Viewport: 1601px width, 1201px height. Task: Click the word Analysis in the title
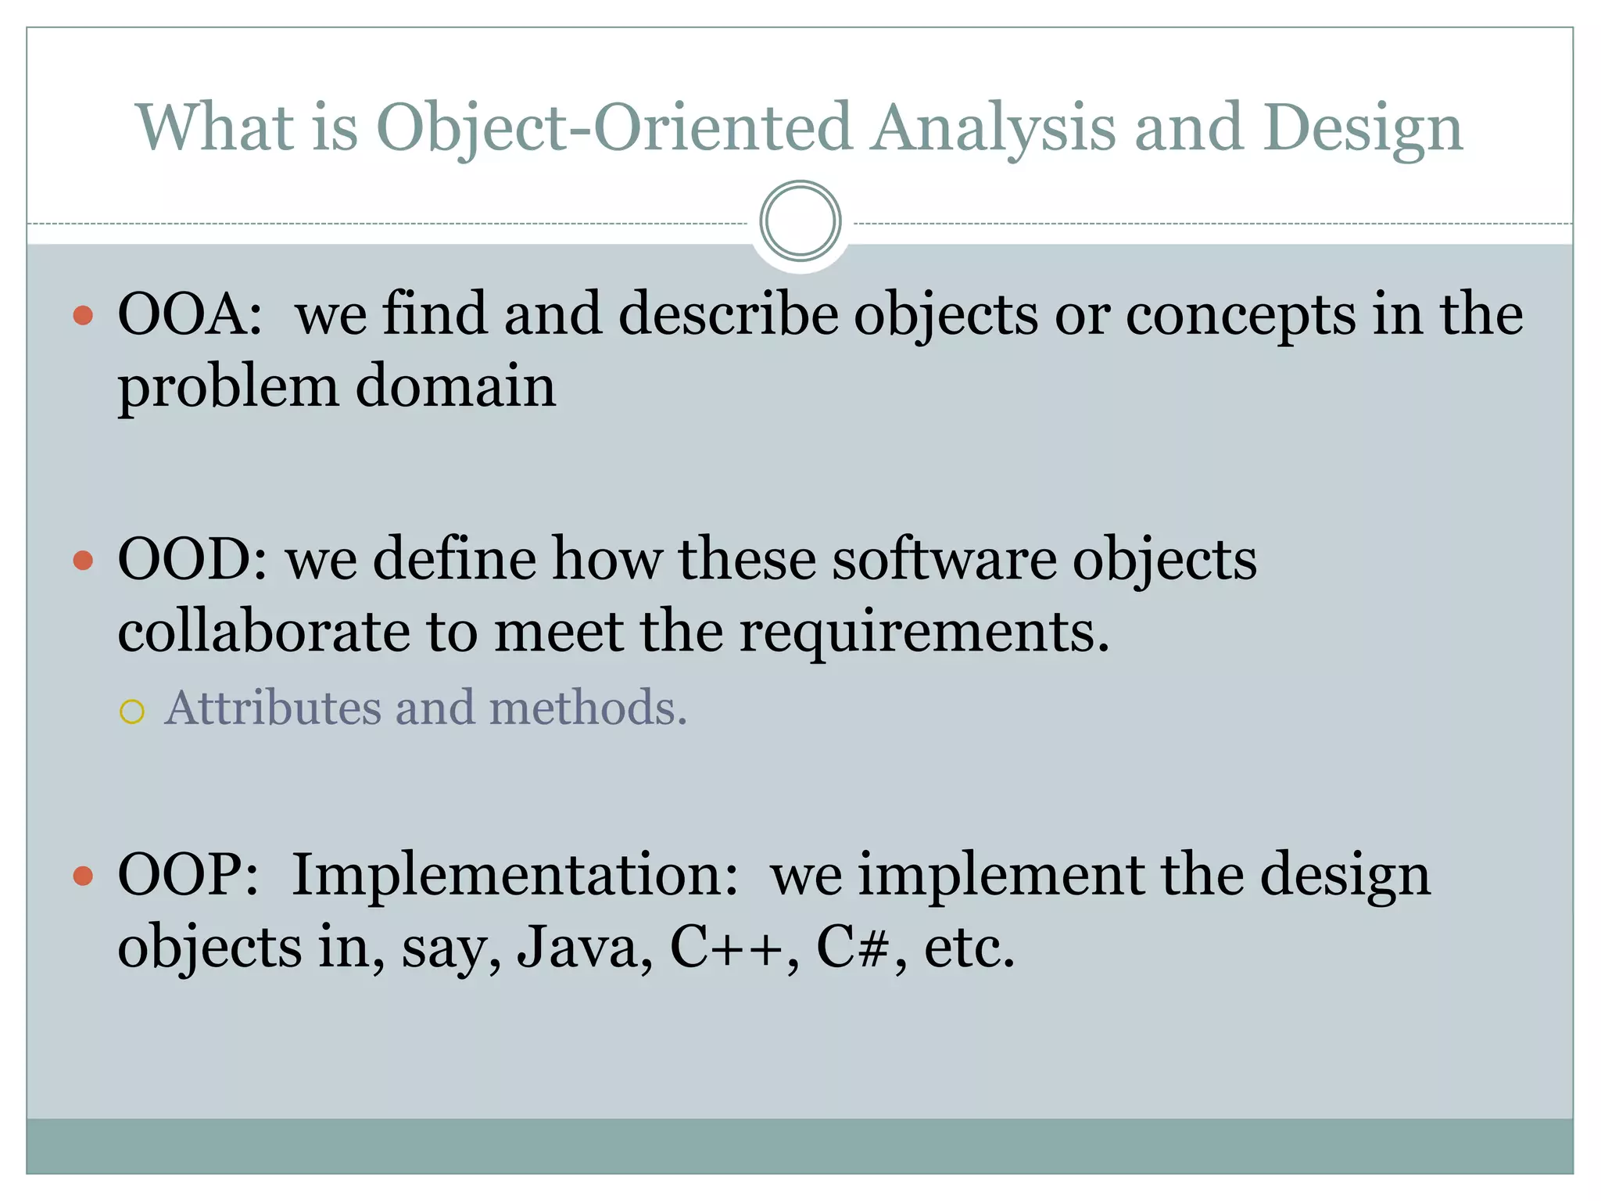point(994,127)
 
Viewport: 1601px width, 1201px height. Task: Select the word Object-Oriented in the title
point(613,127)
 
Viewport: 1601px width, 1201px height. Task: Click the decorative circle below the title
point(800,221)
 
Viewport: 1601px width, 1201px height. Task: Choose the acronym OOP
point(188,875)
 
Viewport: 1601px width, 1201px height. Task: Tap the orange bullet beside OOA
point(83,316)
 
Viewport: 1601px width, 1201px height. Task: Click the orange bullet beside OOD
point(83,561)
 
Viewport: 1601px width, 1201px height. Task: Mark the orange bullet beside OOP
point(83,876)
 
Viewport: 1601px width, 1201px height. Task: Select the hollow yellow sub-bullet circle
point(132,712)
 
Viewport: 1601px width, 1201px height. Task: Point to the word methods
point(587,708)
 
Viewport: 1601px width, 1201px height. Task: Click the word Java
point(584,948)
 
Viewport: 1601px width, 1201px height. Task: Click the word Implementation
point(514,875)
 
